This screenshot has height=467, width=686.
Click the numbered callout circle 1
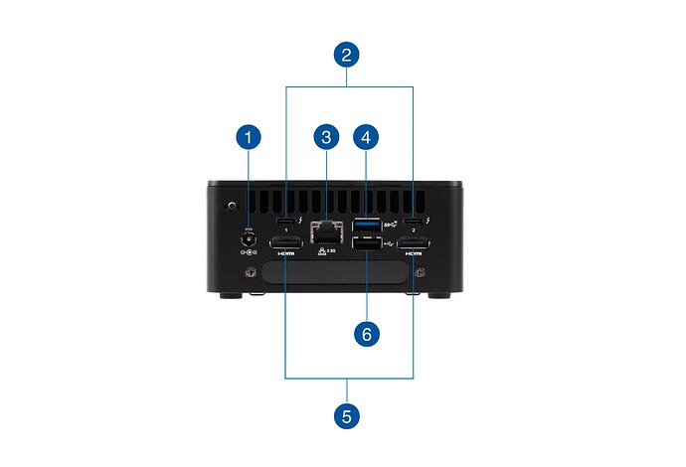pos(248,136)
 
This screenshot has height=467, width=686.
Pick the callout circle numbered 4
pos(367,136)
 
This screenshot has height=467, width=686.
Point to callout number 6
pos(367,334)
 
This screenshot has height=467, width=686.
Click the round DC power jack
pos(248,237)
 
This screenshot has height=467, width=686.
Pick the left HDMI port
pos(286,244)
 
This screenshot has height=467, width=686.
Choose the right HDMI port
pos(414,244)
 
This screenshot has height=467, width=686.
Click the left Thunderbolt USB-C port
pos(286,221)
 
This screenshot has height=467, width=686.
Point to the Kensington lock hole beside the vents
pos(231,207)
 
